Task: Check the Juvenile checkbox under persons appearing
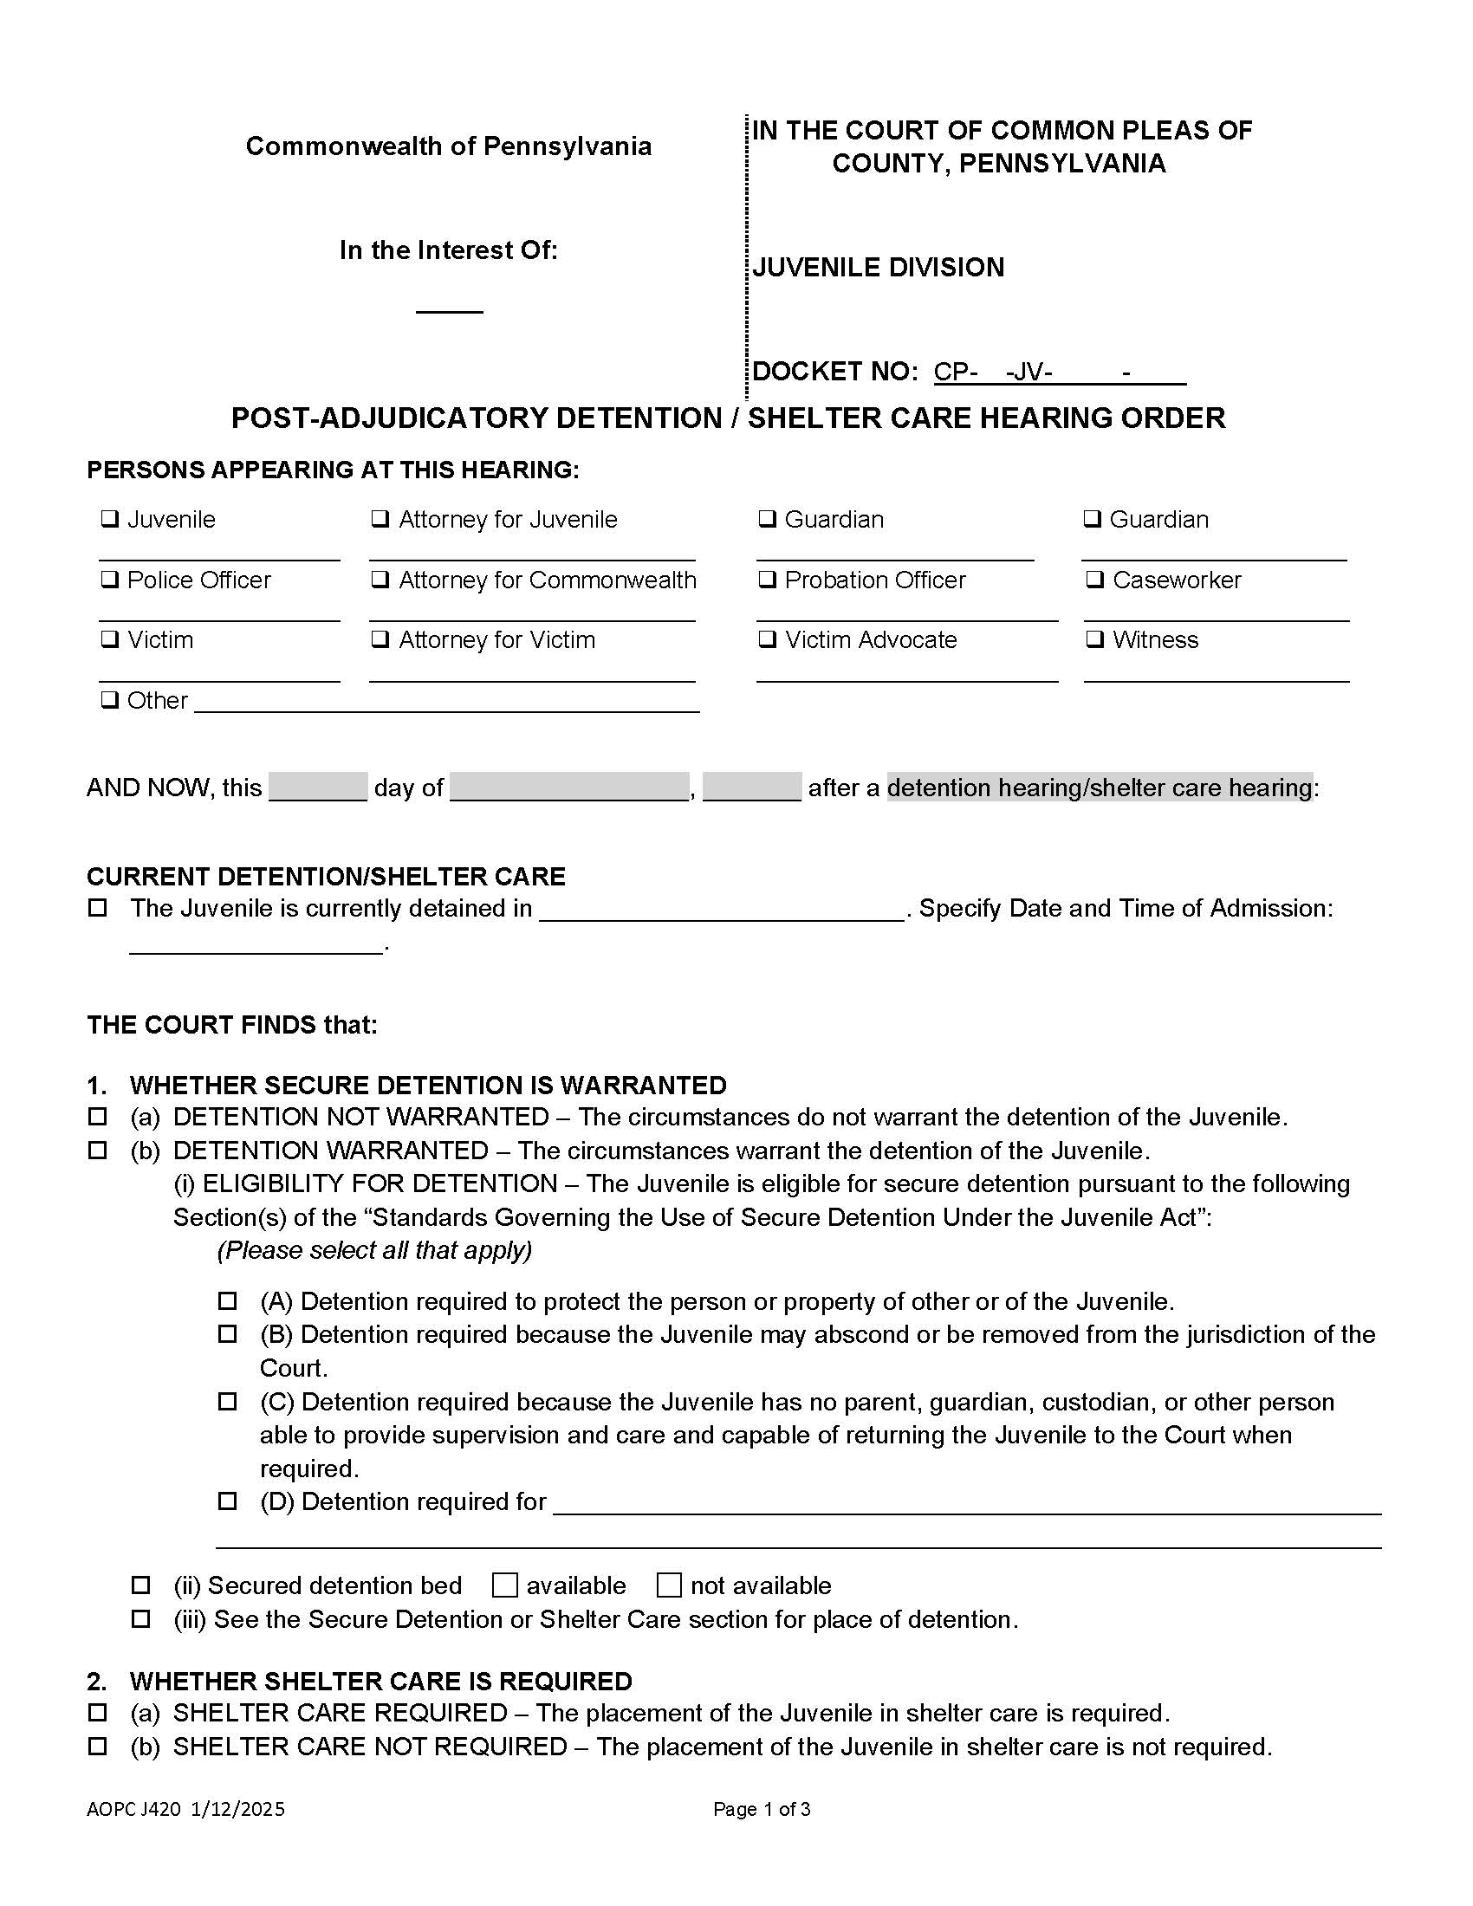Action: coord(109,519)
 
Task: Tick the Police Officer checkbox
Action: coord(109,580)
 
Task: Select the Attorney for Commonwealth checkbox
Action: coord(380,580)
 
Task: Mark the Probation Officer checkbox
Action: coord(766,580)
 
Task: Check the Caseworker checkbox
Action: coord(1093,580)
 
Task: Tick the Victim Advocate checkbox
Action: coord(766,639)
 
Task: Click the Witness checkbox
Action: coord(1093,639)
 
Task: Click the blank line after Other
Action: coord(446,703)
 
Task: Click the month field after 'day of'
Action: coord(569,788)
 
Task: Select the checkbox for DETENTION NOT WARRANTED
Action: coord(98,1117)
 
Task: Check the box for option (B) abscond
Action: coord(227,1334)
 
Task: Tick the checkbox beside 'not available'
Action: coord(668,1585)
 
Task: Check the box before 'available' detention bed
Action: coord(504,1585)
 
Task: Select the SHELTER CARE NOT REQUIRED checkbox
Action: coord(98,1747)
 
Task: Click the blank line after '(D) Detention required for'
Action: coord(966,1503)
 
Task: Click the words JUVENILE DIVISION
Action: coord(878,267)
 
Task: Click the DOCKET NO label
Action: coord(834,372)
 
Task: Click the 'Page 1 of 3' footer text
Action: coord(761,1809)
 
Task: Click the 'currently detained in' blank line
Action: coord(721,911)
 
